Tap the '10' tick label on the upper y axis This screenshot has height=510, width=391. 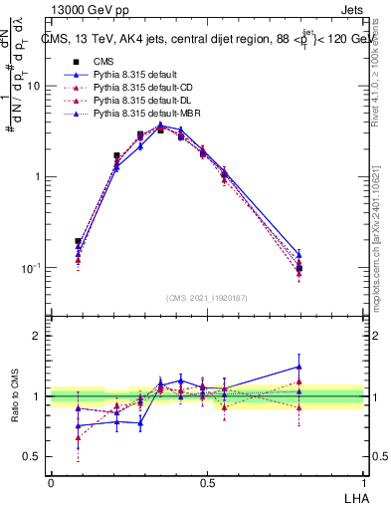(x=34, y=86)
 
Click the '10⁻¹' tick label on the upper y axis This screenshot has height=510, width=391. (x=32, y=268)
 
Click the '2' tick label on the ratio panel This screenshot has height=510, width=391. (x=39, y=336)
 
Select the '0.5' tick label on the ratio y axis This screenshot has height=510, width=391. (x=33, y=456)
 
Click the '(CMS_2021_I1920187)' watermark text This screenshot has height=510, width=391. (x=207, y=298)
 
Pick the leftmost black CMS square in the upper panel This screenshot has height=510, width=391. (x=78, y=241)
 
